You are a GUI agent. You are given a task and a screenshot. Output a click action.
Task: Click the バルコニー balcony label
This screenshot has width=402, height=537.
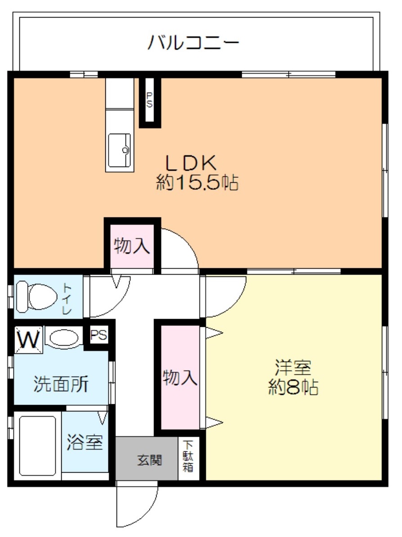193,44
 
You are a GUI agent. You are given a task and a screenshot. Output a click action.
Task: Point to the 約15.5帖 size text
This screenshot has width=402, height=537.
197,183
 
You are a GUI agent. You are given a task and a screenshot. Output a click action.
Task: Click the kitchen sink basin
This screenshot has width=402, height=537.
119,150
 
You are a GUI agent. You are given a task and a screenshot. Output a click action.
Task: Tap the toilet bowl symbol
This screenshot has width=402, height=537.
36,297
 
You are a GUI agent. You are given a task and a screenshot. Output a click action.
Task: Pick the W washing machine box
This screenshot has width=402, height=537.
28,339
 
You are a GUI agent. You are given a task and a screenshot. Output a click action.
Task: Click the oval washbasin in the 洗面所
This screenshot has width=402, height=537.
63,338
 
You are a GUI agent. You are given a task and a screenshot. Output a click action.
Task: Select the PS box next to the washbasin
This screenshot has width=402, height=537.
99,335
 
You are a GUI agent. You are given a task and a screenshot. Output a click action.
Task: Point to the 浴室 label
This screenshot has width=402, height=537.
85,443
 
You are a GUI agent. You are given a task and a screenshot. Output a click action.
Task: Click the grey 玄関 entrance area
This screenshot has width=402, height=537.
147,460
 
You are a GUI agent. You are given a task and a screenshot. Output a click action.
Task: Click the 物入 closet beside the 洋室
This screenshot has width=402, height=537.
180,377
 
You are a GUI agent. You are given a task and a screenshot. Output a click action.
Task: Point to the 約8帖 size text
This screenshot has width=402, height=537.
294,387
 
